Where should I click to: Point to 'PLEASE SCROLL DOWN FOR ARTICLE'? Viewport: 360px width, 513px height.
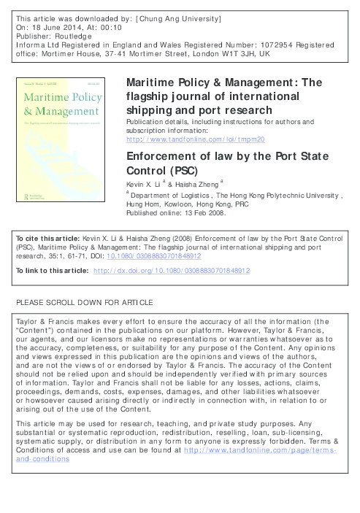tap(84, 301)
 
